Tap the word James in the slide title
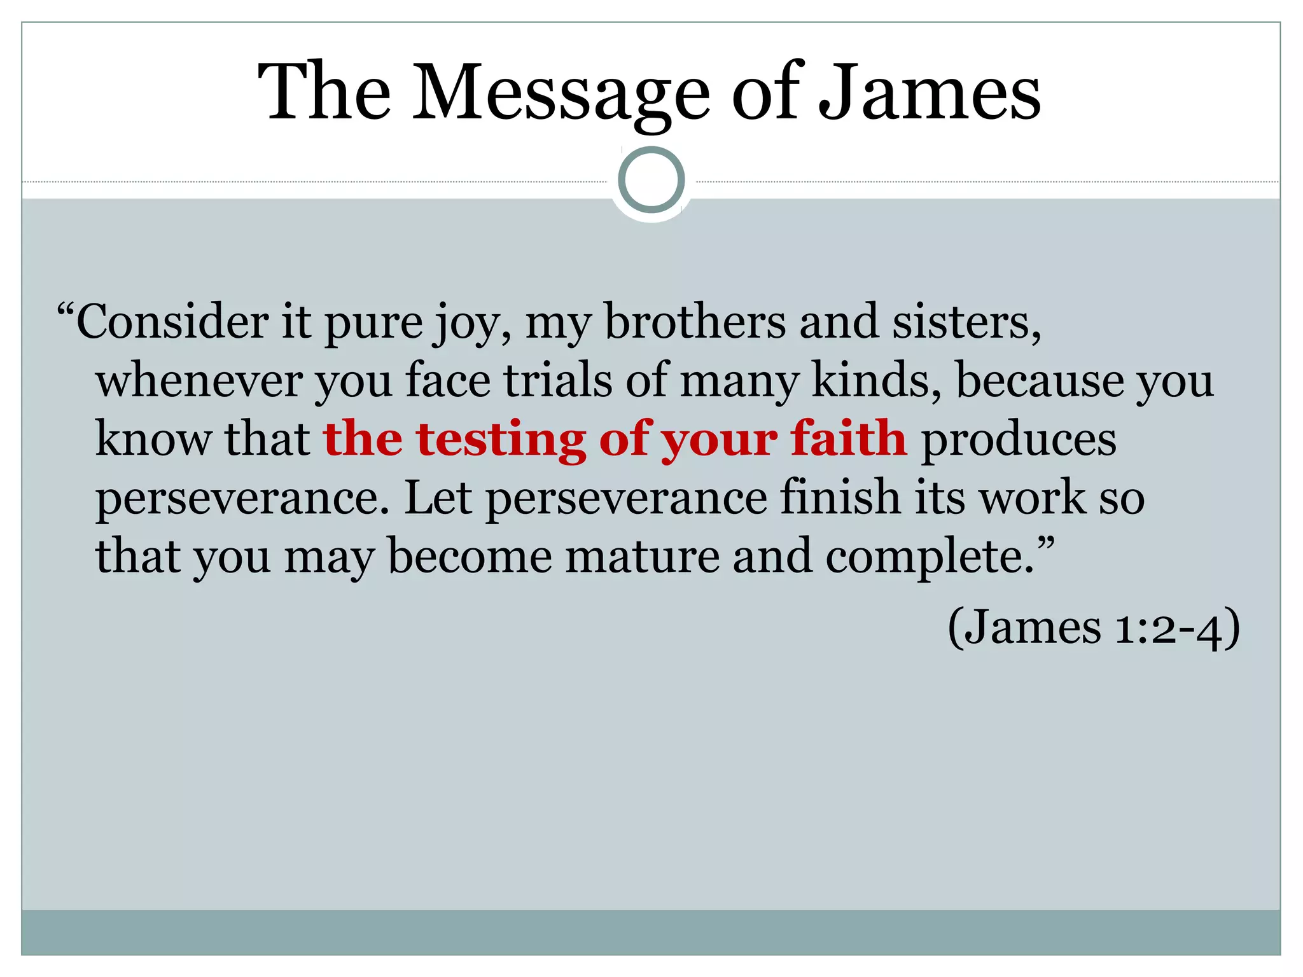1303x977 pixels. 929,93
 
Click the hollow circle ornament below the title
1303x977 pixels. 651,179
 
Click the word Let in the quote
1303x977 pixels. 438,498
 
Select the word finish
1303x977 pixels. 840,498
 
